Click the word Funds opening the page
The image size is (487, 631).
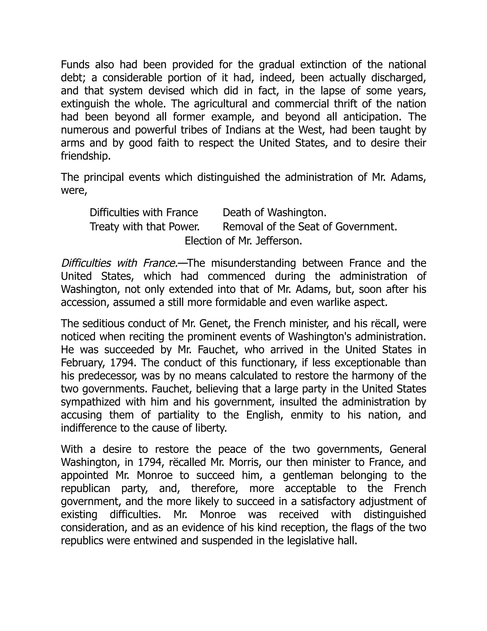[76, 65]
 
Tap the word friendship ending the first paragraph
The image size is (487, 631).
[85, 156]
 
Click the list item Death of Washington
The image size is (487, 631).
[274, 213]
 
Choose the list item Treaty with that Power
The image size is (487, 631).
[145, 227]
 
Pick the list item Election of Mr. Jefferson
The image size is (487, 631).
[243, 241]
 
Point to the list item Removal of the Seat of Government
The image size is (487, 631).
[310, 227]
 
